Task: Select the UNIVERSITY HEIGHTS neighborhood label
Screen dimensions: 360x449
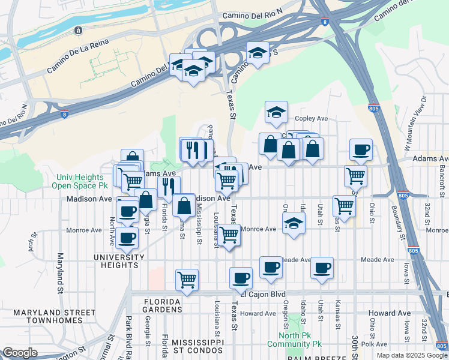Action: tap(119, 257)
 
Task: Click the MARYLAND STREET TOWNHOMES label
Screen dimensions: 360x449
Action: tap(54, 316)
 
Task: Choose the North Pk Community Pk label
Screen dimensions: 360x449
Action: tap(300, 340)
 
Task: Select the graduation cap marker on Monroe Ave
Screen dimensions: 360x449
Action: tap(293, 223)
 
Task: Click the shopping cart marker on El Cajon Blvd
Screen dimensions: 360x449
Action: tap(187, 279)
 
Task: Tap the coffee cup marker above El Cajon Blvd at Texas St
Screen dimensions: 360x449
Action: tap(241, 277)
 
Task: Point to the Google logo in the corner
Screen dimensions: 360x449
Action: tap(20, 353)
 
